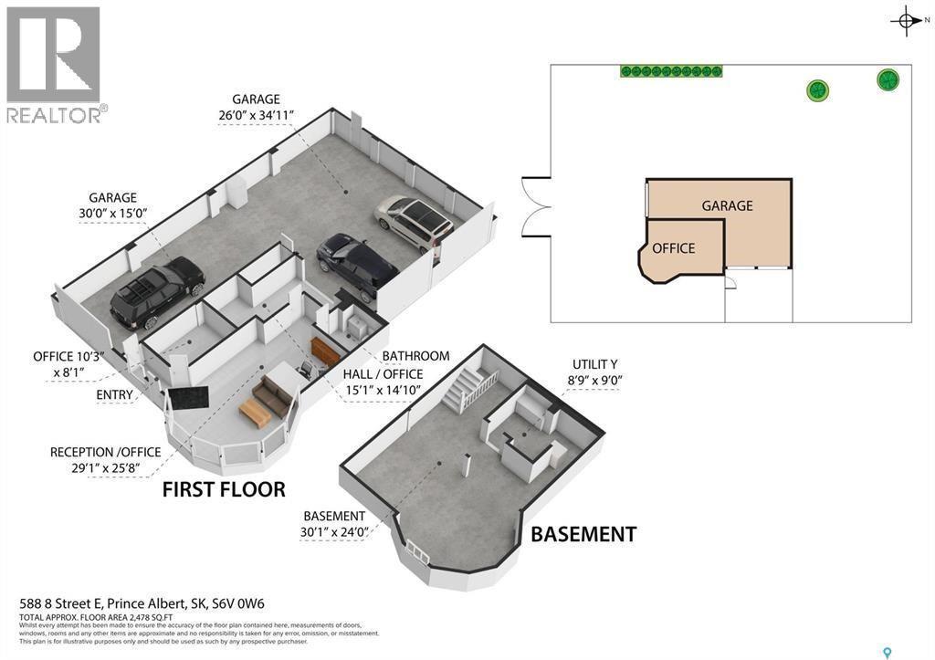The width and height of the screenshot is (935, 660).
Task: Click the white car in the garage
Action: (414, 222)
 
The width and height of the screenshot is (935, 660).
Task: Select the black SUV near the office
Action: (157, 290)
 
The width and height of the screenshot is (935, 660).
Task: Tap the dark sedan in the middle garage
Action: (356, 265)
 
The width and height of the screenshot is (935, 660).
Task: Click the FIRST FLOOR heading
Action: (224, 488)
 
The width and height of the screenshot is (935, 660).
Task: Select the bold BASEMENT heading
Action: (583, 534)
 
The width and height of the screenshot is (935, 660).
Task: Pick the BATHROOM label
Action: (415, 355)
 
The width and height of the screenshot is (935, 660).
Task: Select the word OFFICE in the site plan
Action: (674, 248)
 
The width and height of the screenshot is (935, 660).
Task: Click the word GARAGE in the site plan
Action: (727, 205)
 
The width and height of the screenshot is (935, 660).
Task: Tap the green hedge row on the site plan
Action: (671, 71)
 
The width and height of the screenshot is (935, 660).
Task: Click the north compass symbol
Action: (904, 21)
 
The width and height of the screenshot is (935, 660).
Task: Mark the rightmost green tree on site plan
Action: (888, 80)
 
